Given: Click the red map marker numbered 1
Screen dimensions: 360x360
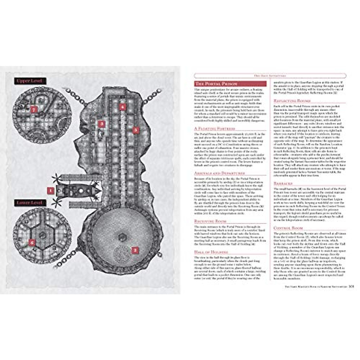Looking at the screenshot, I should (x=50, y=190).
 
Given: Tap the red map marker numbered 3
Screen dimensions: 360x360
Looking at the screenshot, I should (x=102, y=123).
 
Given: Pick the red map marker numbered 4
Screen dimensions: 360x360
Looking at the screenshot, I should (x=122, y=106).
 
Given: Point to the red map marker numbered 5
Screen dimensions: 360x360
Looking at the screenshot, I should (x=136, y=130).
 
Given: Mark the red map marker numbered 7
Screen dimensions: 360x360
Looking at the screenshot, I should (x=33, y=109).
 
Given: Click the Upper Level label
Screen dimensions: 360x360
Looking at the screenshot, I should (x=31, y=81).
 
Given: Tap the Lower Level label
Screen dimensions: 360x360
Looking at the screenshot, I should (x=31, y=203).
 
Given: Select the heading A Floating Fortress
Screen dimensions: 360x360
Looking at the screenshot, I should (x=214, y=128).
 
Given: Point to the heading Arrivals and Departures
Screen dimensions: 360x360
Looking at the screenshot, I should (x=219, y=173).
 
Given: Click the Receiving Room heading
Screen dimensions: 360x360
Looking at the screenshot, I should (x=210, y=221).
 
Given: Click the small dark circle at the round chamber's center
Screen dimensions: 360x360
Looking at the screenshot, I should (x=121, y=237).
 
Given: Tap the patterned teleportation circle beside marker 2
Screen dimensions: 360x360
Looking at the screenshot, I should (x=121, y=253).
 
